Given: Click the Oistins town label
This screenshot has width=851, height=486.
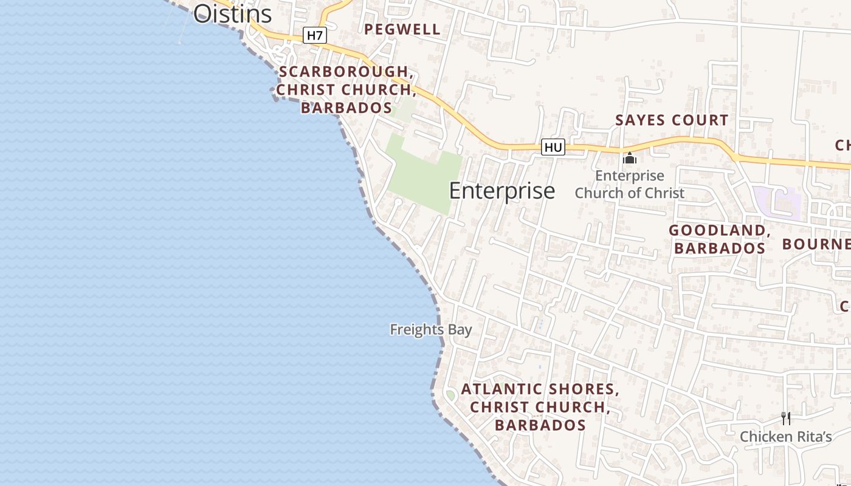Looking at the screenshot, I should [x=232, y=13].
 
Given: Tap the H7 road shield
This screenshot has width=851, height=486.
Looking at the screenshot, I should [x=314, y=35].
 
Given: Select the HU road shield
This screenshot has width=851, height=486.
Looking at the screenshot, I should [x=553, y=147].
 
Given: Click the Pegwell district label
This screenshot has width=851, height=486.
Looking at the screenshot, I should [x=402, y=29].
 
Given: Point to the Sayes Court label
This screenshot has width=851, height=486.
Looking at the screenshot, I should [x=672, y=120].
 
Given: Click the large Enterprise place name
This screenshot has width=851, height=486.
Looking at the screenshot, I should [x=501, y=191].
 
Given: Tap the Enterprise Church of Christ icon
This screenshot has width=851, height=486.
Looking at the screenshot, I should [x=630, y=159].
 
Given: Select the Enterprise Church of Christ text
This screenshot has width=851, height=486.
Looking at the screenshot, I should [x=630, y=185].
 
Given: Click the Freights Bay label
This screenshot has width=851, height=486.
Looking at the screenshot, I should [x=431, y=330].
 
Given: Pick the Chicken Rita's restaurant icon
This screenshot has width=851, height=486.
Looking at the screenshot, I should [x=786, y=418].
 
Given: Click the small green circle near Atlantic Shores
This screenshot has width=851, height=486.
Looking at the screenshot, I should [x=450, y=395].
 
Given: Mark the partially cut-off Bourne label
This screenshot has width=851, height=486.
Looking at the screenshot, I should [x=816, y=244].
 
